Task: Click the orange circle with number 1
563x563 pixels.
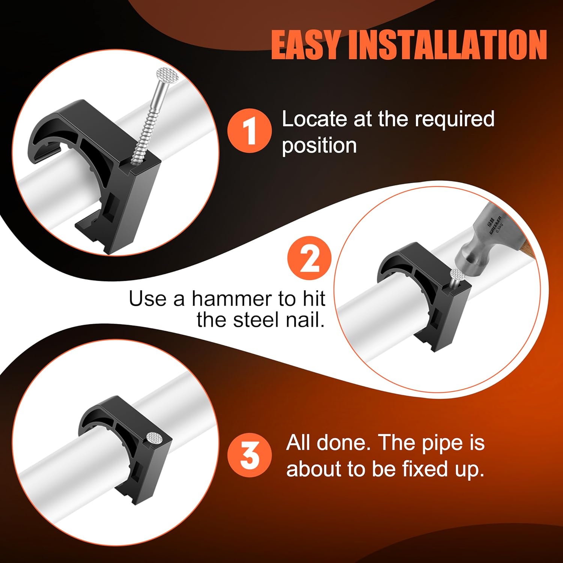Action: point(249,130)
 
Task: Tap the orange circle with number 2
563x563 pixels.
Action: point(310,258)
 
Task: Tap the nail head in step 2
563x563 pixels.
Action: point(458,274)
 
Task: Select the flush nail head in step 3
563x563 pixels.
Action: point(154,438)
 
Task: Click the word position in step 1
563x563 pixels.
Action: point(319,146)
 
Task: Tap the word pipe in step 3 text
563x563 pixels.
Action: point(441,443)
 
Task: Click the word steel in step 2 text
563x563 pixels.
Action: point(256,320)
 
